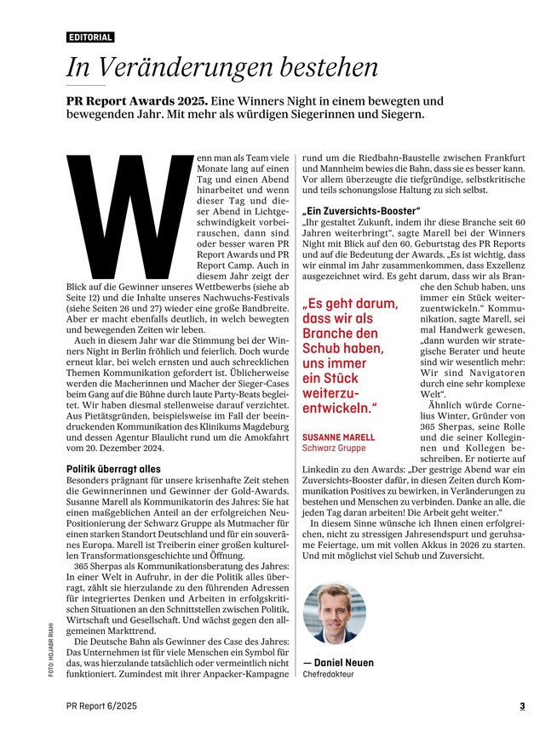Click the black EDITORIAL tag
pos(90,37)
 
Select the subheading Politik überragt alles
pos(113,469)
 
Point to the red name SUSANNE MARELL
pos(338,437)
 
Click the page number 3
pos(522,705)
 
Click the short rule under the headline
pos(85,85)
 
